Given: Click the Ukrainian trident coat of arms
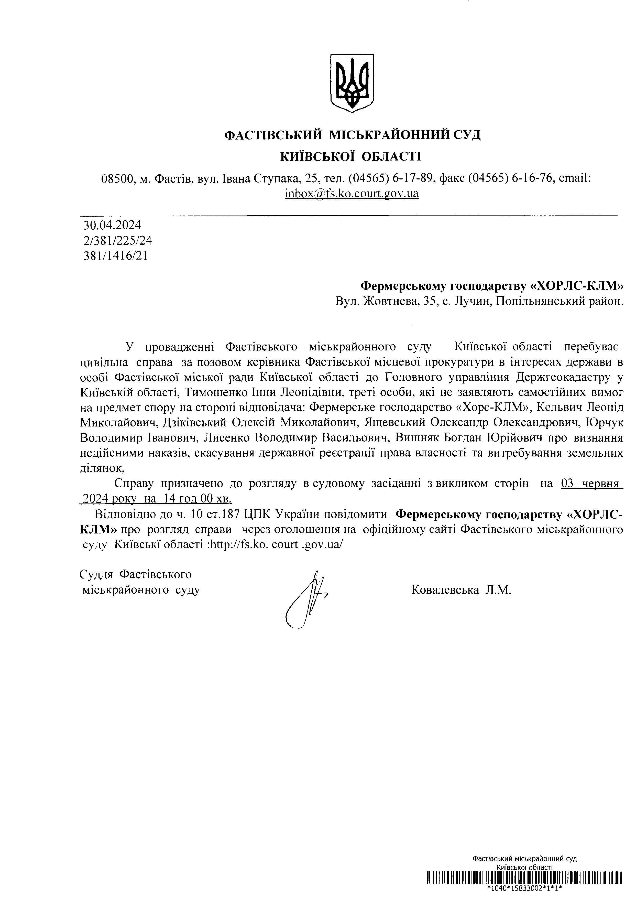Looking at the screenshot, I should (352, 83).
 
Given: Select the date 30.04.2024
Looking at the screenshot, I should (112, 225).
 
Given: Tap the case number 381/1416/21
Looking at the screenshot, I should (116, 256).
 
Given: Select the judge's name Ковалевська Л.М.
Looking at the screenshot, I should (461, 590).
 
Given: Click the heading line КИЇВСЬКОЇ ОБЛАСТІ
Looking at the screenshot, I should (351, 157).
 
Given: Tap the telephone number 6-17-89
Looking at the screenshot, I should (412, 179).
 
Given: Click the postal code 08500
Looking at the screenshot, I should (116, 179).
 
